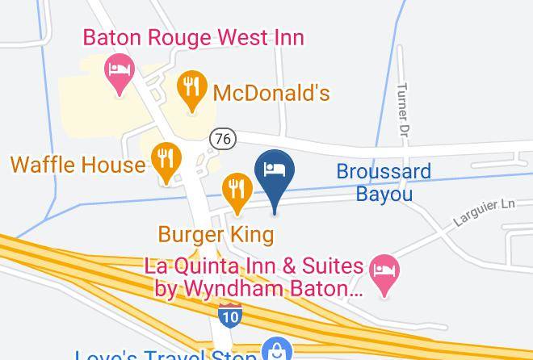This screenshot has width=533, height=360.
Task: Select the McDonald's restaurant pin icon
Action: tap(191, 90)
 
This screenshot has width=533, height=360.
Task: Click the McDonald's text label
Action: tap(271, 93)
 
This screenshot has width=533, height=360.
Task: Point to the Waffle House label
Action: tap(77, 165)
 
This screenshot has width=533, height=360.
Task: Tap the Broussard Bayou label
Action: tap(384, 182)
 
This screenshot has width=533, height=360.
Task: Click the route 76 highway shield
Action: tap(223, 139)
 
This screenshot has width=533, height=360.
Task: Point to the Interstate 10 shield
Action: tap(230, 315)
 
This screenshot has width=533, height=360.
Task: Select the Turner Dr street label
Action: tap(402, 110)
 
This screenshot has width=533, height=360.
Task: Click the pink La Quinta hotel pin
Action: tap(385, 272)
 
